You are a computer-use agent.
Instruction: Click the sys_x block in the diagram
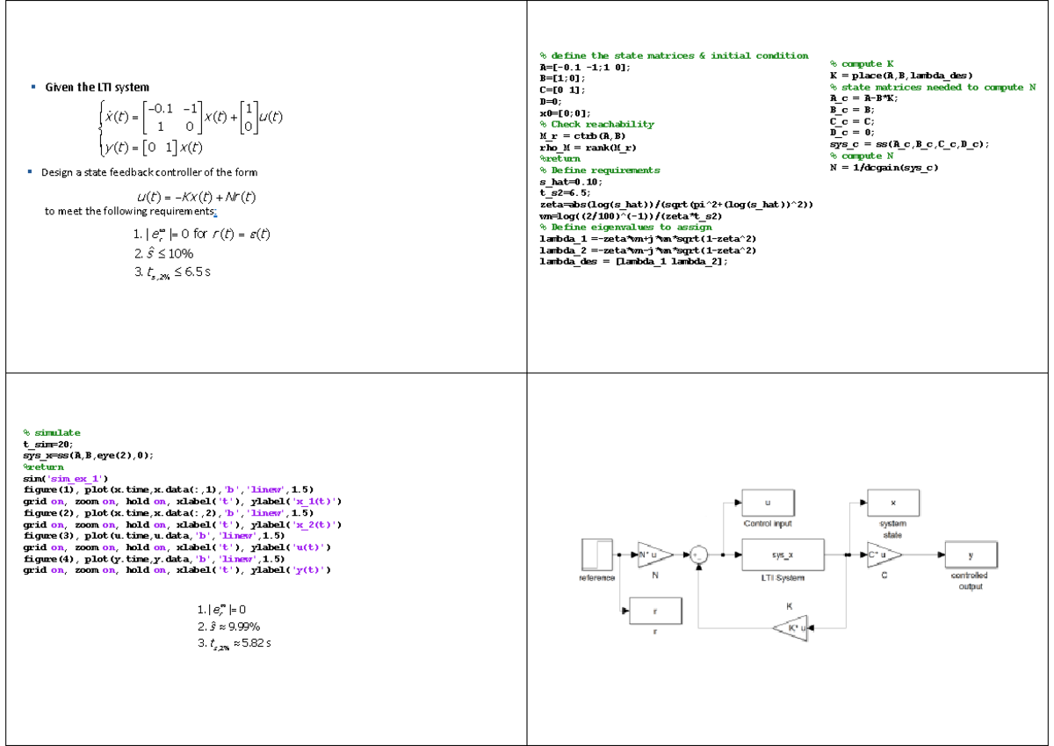point(783,555)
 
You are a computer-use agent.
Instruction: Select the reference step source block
point(597,555)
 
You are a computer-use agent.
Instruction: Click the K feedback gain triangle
point(790,627)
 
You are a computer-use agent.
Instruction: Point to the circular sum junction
point(699,555)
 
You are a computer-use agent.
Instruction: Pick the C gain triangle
point(884,555)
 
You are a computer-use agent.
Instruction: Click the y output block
point(970,555)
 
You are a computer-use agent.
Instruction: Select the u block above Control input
point(768,503)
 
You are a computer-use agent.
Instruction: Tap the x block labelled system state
point(892,503)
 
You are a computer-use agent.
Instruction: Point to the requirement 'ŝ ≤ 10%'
point(163,253)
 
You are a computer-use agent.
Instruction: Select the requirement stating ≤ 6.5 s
point(172,272)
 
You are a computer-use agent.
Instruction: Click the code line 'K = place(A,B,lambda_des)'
point(900,76)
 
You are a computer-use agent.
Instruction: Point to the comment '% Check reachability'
point(596,125)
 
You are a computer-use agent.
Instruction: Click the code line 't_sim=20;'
point(48,444)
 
